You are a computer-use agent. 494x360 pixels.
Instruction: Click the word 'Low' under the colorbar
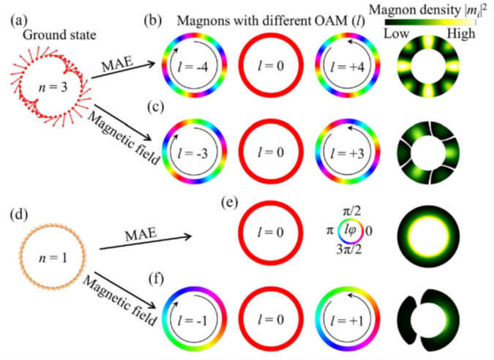pyautogui.click(x=397, y=34)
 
